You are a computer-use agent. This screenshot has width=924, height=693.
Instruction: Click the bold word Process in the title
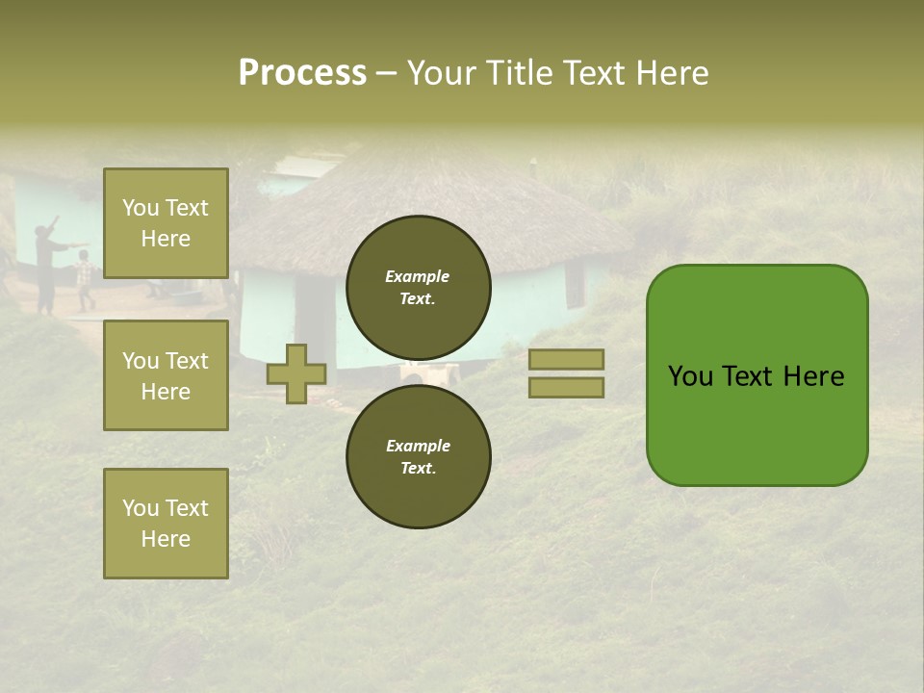tap(302, 73)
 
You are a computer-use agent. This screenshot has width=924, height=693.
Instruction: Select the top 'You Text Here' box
tap(166, 223)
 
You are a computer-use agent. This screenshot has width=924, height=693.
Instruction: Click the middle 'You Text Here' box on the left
tap(166, 375)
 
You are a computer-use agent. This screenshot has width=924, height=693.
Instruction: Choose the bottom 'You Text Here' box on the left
tap(166, 524)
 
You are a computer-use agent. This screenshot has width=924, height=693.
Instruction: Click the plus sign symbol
tap(296, 373)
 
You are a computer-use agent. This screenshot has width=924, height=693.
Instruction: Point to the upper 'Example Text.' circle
tap(418, 288)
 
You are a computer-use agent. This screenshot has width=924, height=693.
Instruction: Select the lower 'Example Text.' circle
tap(418, 457)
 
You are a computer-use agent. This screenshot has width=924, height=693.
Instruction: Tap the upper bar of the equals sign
tap(566, 359)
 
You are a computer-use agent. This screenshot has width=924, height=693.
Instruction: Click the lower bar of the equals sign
tap(566, 388)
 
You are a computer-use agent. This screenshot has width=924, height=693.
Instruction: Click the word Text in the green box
tap(748, 376)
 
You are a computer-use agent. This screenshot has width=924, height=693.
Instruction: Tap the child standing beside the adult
tap(86, 279)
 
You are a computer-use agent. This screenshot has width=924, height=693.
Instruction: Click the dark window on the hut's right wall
tap(575, 283)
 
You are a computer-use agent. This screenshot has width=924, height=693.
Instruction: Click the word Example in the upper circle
tap(418, 276)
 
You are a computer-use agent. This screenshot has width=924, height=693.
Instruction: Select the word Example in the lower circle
tap(418, 446)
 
